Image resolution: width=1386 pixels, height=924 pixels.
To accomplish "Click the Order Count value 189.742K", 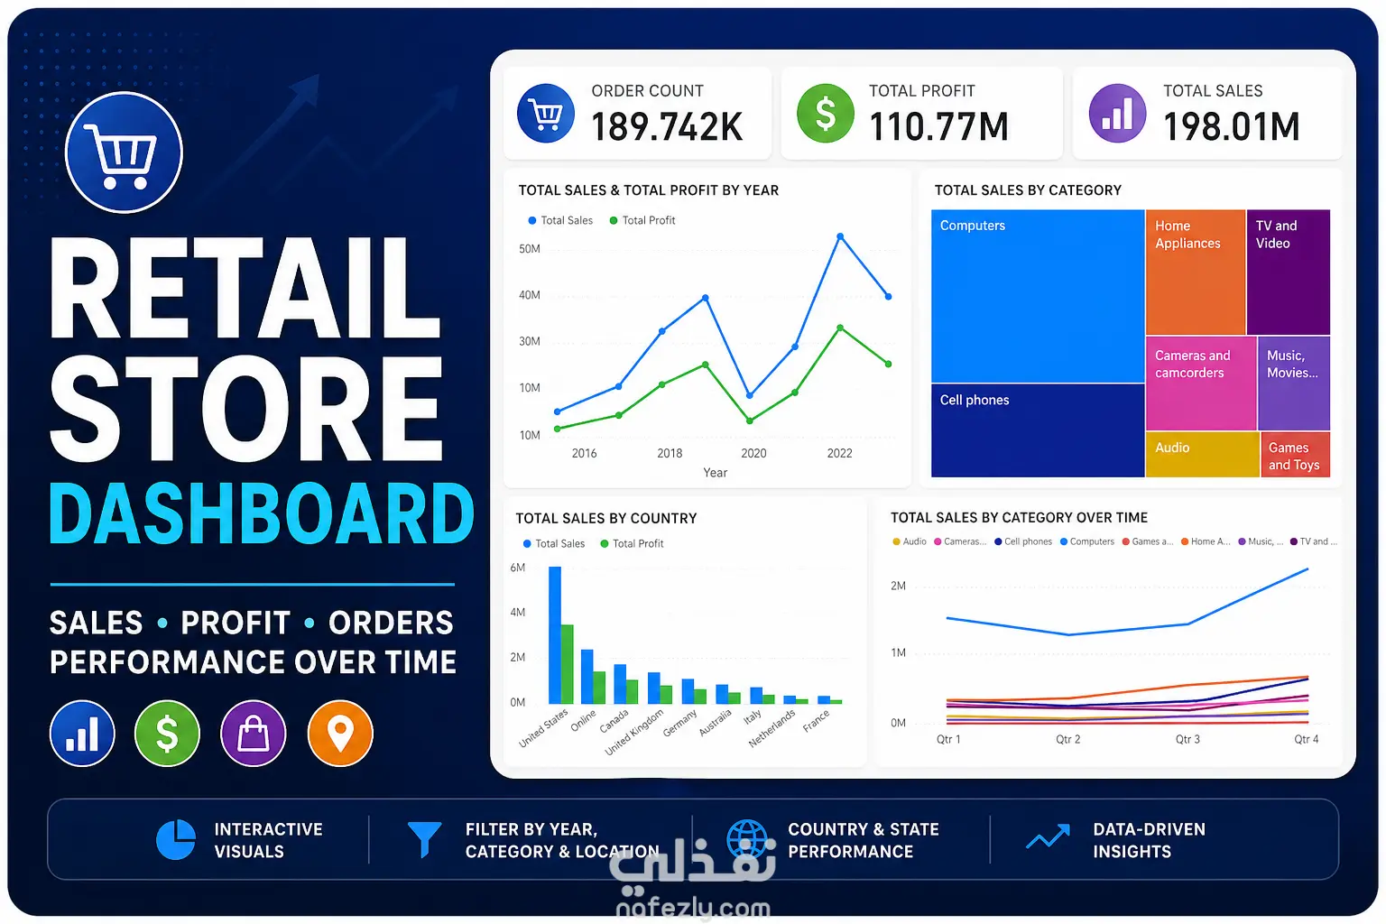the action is pyautogui.click(x=667, y=127).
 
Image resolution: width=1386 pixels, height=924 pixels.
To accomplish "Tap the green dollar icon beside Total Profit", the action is pyautogui.click(x=826, y=114).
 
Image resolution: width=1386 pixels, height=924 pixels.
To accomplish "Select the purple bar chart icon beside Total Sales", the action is pyautogui.click(x=1117, y=114).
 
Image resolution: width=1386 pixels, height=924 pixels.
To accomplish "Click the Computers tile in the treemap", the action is pyautogui.click(x=1038, y=296).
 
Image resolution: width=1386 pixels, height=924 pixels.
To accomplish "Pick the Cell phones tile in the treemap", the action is pyautogui.click(x=1038, y=430).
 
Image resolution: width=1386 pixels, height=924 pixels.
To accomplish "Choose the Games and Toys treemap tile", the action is pyautogui.click(x=1295, y=455).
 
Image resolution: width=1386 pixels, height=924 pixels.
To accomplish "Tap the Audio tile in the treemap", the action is pyautogui.click(x=1202, y=455).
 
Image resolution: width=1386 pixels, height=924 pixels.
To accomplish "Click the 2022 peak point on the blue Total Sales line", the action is pyautogui.click(x=840, y=236).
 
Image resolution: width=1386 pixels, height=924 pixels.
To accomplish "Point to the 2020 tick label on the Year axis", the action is pyautogui.click(x=753, y=453).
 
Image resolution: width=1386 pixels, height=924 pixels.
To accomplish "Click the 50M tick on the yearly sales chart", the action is pyautogui.click(x=530, y=249).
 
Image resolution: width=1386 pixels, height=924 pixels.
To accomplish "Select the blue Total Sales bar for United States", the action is pyautogui.click(x=555, y=635).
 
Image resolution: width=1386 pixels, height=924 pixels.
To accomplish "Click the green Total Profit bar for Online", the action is pyautogui.click(x=599, y=688).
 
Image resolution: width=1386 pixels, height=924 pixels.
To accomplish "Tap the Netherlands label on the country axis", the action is pyautogui.click(x=772, y=728).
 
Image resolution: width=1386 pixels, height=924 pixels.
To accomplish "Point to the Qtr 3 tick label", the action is pyautogui.click(x=1187, y=739).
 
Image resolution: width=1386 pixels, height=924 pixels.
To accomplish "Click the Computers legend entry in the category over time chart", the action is pyautogui.click(x=1086, y=541).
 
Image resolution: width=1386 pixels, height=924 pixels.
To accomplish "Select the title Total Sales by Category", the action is pyautogui.click(x=1028, y=190).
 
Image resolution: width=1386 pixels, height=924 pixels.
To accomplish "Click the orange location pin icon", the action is pyautogui.click(x=340, y=734).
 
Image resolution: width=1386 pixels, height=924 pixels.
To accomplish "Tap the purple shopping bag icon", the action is pyautogui.click(x=253, y=734).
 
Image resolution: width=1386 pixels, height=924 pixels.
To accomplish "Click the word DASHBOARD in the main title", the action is pyautogui.click(x=262, y=514).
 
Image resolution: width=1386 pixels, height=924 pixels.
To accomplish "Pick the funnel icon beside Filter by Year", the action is pyautogui.click(x=424, y=839).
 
